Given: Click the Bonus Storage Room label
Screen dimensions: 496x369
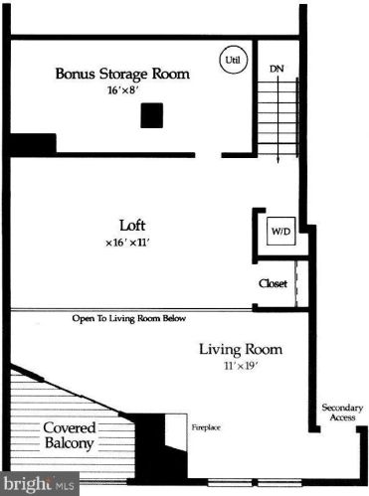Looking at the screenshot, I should pos(109,73).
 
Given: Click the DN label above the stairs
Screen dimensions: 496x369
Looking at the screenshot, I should pos(277,69).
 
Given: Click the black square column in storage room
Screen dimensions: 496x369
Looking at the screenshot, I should pos(150,115).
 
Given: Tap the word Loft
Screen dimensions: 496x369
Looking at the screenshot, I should pos(133,225).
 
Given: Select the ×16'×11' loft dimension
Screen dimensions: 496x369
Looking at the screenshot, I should pos(134,243).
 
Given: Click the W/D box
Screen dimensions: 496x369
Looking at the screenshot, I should pos(279,232).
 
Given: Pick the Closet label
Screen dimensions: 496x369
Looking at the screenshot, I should pos(273,283).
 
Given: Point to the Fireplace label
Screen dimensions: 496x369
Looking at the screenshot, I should pos(206,427).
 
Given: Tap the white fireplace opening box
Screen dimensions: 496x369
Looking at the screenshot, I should pos(175,428).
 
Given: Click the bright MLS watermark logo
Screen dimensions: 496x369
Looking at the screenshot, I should pos(40,485).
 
